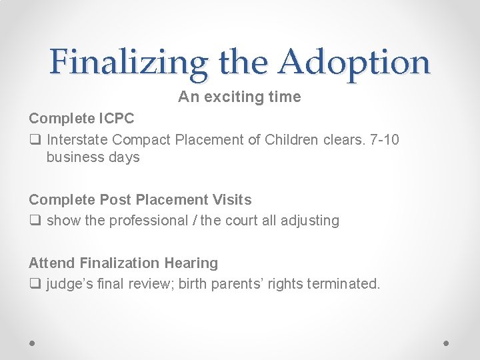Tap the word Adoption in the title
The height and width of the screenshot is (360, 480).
[355, 62]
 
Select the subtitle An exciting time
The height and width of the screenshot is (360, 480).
[239, 97]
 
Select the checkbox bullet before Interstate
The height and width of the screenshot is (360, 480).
[35, 140]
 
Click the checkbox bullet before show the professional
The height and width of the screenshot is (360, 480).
[35, 221]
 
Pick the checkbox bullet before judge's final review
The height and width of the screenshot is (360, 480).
[35, 284]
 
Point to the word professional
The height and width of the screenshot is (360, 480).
[151, 221]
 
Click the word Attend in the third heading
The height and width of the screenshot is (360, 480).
[52, 263]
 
